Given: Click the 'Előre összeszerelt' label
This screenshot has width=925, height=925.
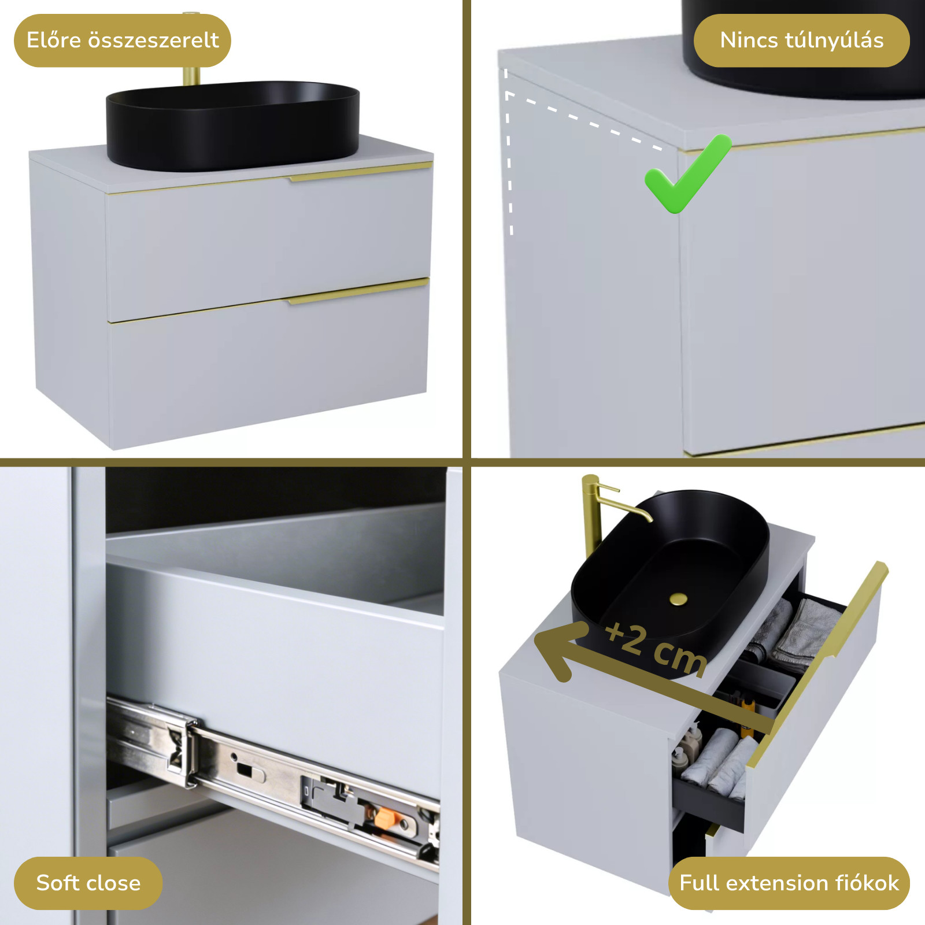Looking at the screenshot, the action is (123, 40).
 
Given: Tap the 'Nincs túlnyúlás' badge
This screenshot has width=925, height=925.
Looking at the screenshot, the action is (801, 40).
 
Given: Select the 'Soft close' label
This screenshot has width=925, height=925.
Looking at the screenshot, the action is (88, 883).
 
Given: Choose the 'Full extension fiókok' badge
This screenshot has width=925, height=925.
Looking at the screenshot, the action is (789, 883).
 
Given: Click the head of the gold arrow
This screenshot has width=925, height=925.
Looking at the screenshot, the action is (558, 650).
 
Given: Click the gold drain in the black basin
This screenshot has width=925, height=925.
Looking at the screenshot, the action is (679, 599).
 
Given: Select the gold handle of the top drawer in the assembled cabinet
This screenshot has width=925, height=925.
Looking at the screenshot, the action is (361, 172).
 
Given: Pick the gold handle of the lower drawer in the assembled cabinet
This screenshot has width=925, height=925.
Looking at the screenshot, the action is (358, 291).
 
